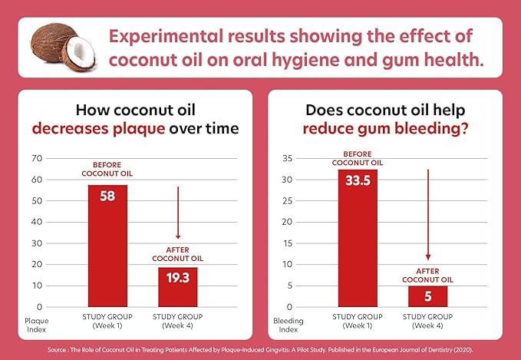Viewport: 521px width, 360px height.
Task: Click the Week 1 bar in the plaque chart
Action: click(107, 246)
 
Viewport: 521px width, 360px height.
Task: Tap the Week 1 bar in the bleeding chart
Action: click(358, 238)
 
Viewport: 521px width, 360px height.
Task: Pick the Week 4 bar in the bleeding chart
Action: click(428, 296)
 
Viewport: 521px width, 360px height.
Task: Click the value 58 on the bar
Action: click(107, 197)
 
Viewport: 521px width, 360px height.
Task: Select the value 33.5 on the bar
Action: click(358, 183)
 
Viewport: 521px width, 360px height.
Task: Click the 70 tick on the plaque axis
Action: click(37, 159)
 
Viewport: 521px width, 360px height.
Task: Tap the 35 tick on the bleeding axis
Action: click(287, 159)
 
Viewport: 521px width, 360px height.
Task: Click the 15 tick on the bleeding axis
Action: click(287, 243)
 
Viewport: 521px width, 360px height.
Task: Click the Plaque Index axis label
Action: click(36, 324)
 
